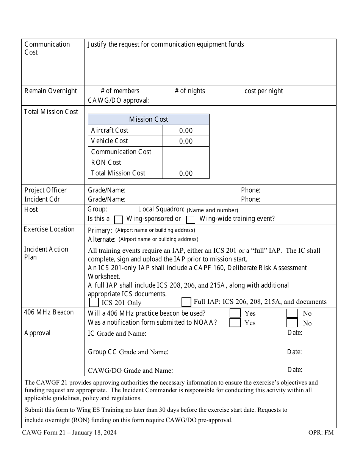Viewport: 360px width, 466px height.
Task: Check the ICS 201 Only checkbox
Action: (x=94, y=302)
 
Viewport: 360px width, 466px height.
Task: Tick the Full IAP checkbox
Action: (x=186, y=302)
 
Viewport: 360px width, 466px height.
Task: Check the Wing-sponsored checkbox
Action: (x=119, y=219)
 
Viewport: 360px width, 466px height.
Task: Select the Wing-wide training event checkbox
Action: (x=191, y=219)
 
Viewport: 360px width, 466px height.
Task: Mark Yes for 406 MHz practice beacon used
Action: (x=235, y=313)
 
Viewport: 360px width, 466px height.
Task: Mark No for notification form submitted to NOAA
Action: (x=292, y=323)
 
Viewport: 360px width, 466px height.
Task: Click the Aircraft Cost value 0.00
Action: (x=186, y=131)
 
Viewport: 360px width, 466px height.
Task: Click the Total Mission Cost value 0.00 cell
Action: (x=186, y=174)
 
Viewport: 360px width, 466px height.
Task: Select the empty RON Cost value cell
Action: (x=186, y=163)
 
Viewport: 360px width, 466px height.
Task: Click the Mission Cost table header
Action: (x=149, y=119)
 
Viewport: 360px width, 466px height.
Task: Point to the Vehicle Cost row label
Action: (x=110, y=141)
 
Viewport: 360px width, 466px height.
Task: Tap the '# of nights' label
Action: (x=190, y=91)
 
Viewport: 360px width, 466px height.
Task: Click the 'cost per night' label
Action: (x=264, y=91)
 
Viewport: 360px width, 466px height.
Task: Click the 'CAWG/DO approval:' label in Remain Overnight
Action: (x=119, y=100)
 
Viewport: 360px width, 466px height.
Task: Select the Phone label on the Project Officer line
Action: (x=250, y=190)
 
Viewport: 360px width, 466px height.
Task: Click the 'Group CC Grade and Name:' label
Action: (x=128, y=352)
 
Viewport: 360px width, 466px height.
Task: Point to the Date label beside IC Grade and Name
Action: (x=294, y=333)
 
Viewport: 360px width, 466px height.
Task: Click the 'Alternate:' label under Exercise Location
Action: (x=102, y=239)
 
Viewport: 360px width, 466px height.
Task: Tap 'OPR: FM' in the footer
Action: (x=321, y=432)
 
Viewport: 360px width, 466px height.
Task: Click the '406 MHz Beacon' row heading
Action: (x=49, y=312)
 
